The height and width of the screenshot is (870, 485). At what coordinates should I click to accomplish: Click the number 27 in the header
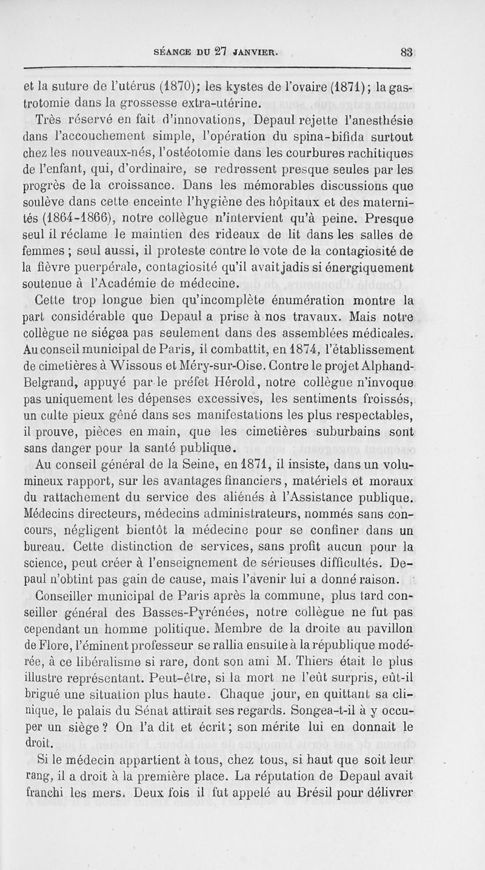tap(222, 52)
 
